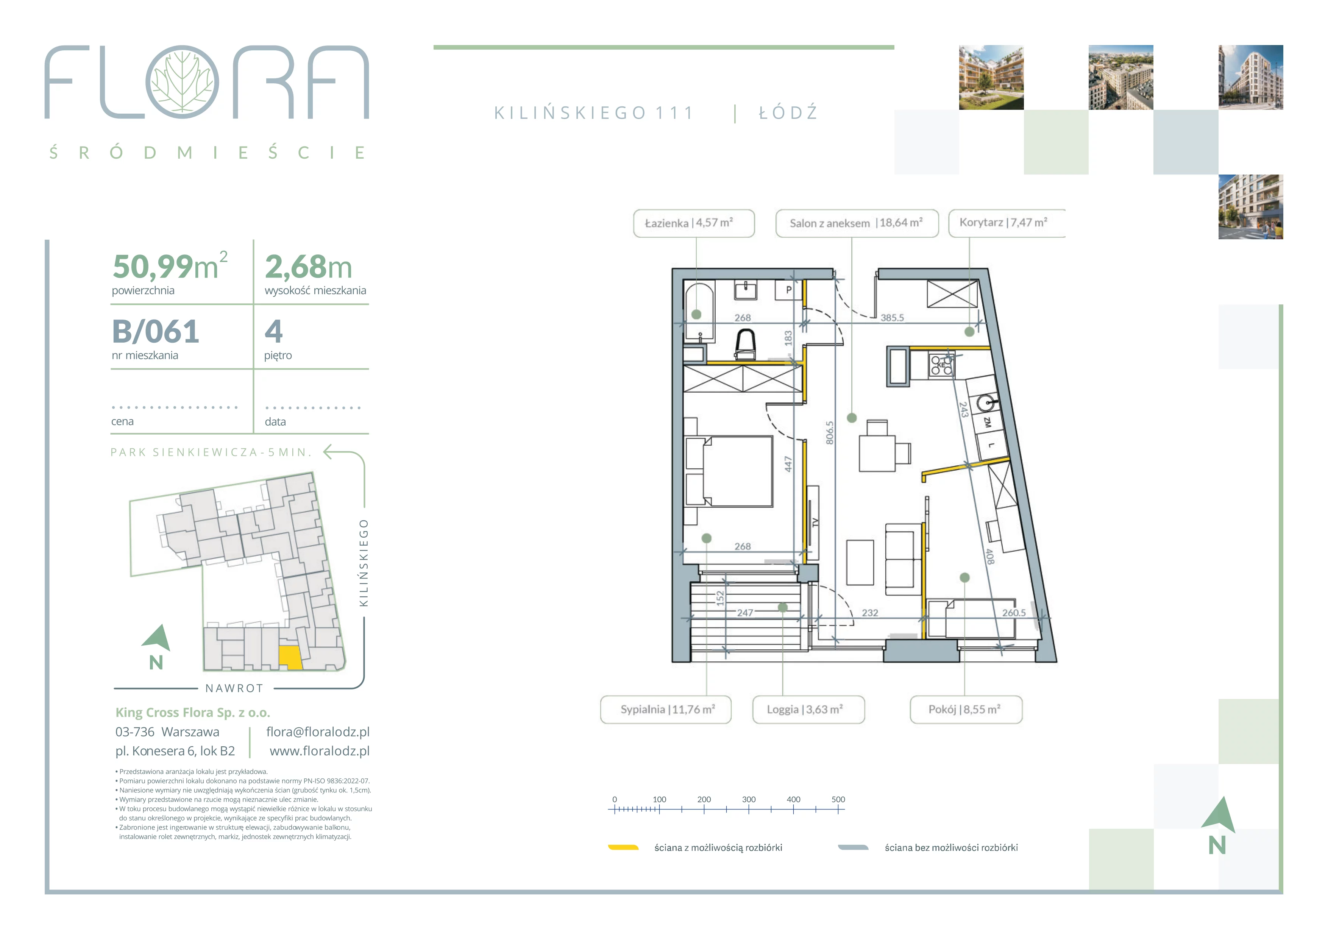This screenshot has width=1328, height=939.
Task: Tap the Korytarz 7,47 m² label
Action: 1007,223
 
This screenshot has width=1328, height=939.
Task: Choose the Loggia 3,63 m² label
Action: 808,710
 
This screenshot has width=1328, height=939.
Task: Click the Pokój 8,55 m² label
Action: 966,710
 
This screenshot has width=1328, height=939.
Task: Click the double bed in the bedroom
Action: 729,471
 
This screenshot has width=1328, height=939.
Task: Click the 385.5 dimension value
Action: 892,317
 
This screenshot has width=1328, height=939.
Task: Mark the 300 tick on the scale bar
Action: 749,809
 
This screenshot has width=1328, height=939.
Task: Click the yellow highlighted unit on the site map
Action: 290,657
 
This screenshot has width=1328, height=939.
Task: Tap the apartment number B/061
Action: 156,332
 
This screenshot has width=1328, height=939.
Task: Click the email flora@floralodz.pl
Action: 318,732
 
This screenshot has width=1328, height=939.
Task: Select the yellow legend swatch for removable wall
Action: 623,848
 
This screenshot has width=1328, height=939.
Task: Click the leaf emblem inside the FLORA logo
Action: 182,82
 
